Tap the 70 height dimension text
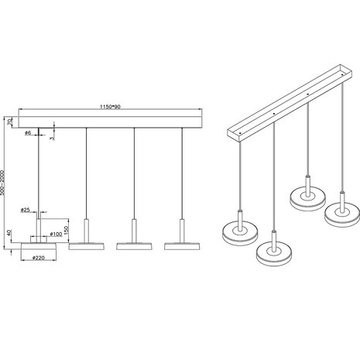point(9,122)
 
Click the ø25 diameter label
point(26,210)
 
